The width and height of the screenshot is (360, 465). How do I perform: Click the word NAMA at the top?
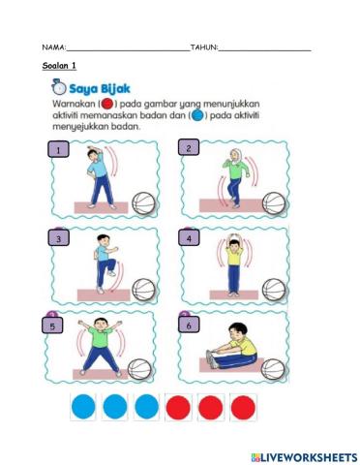coord(53,47)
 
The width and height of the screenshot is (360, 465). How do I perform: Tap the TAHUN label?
coord(203,47)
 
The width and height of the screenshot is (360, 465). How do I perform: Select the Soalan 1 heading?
coord(60,65)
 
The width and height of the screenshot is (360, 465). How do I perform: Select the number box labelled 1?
coord(60,151)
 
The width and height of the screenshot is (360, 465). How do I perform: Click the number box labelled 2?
coord(189,148)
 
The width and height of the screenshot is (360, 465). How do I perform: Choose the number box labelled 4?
coord(189,237)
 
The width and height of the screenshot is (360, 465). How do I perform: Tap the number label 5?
coord(53,326)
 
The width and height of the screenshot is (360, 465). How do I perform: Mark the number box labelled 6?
coord(188,326)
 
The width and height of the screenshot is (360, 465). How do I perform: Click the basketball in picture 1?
coord(143,202)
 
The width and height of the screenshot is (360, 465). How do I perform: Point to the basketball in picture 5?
coord(139,369)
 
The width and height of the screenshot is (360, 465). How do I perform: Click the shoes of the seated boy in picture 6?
coord(211,359)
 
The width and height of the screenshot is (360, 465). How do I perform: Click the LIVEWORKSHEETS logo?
coord(303,455)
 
